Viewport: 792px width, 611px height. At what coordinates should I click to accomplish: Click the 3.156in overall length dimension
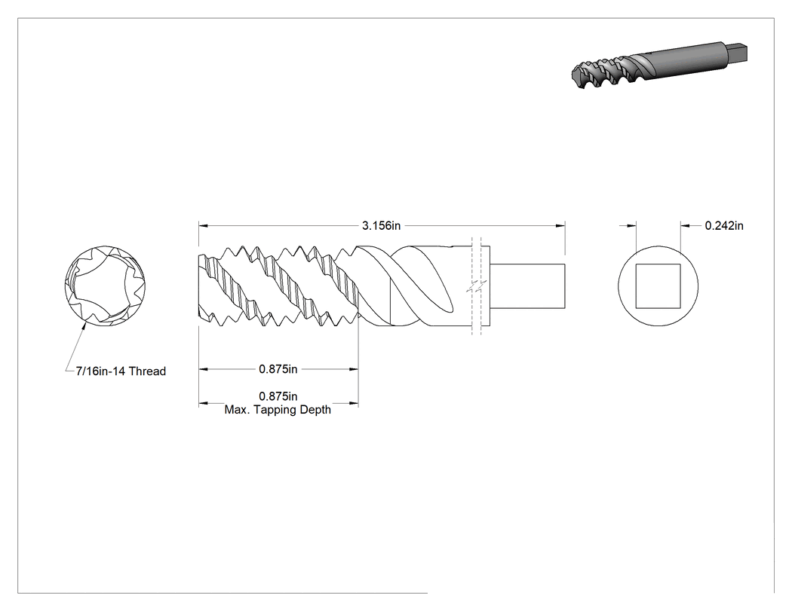pyautogui.click(x=382, y=225)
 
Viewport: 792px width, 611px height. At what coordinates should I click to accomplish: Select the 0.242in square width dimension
pyautogui.click(x=724, y=225)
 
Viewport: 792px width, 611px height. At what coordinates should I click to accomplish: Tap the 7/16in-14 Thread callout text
pyautogui.click(x=121, y=371)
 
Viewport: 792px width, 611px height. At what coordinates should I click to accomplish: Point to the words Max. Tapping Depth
pyautogui.click(x=278, y=410)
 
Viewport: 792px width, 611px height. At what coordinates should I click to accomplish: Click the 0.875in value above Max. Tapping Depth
pyautogui.click(x=278, y=396)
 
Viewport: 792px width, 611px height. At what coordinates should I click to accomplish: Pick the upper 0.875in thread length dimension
pyautogui.click(x=278, y=369)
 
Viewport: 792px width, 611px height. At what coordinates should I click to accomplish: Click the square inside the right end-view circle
pyautogui.click(x=658, y=286)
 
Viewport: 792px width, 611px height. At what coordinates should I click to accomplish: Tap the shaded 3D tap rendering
pyautogui.click(x=659, y=66)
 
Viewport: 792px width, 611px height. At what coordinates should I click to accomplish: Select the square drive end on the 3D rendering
pyautogui.click(x=737, y=52)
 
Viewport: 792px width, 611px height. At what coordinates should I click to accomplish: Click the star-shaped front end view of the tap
pyautogui.click(x=105, y=286)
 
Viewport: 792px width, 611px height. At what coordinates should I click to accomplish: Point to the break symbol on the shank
pyautogui.click(x=476, y=286)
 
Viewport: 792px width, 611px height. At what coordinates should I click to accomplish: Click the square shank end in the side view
pyautogui.click(x=527, y=286)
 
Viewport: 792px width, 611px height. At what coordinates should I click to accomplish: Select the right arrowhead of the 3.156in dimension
pyautogui.click(x=560, y=225)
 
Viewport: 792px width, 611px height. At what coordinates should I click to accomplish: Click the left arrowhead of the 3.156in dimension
pyautogui.click(x=204, y=225)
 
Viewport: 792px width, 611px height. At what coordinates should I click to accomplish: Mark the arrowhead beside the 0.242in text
pyautogui.click(x=686, y=225)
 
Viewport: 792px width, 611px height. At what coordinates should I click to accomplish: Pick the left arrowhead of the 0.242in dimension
pyautogui.click(x=631, y=225)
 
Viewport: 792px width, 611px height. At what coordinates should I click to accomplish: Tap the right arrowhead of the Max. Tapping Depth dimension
pyautogui.click(x=354, y=404)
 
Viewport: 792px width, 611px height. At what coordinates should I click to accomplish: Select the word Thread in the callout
pyautogui.click(x=148, y=371)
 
